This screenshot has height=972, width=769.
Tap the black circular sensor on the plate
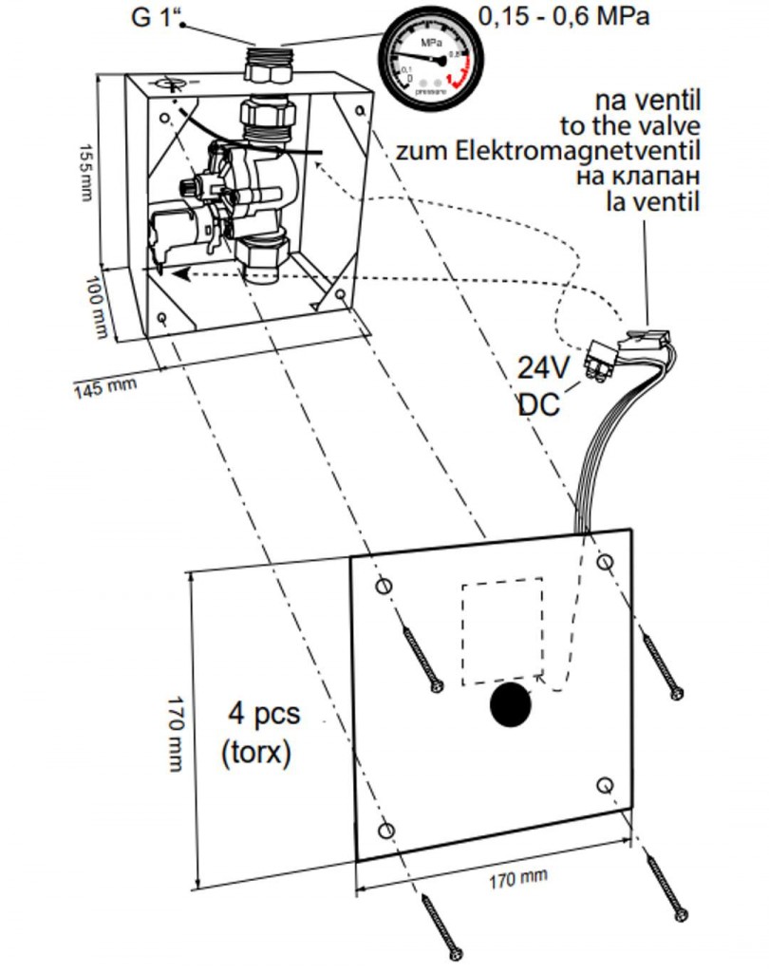click(510, 706)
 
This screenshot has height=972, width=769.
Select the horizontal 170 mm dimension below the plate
click(518, 878)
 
